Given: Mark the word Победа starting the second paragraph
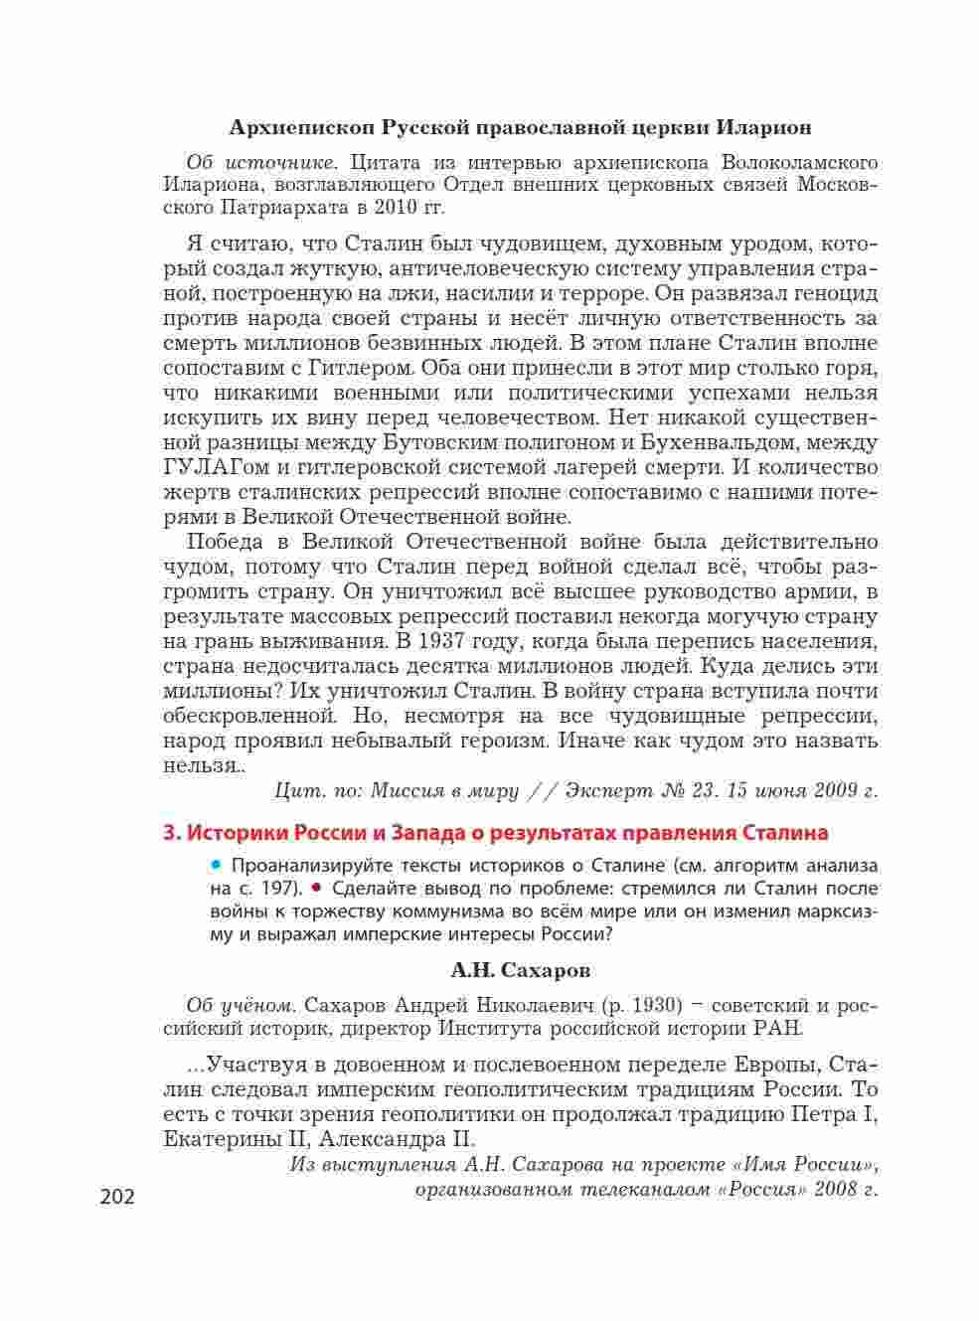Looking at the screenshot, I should [x=225, y=542].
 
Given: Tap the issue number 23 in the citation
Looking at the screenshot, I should [x=707, y=791].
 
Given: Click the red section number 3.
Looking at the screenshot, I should [x=169, y=833].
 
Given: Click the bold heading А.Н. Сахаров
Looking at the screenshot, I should [x=520, y=969].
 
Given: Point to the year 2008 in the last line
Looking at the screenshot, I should [x=836, y=1190].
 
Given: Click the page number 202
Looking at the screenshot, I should [x=117, y=1197].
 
